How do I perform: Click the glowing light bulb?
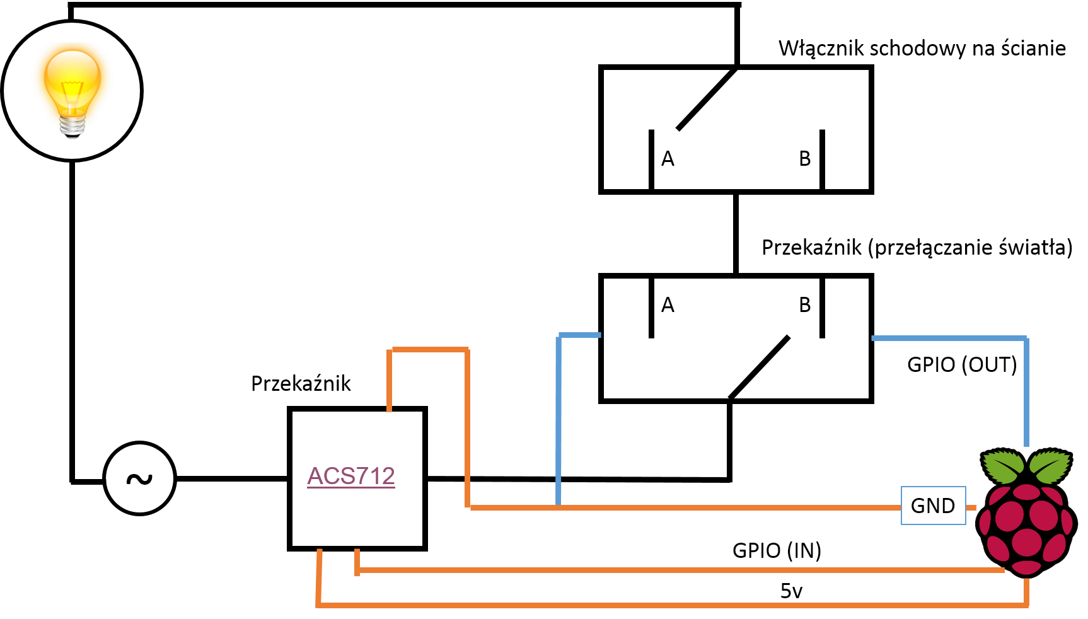pos(72,92)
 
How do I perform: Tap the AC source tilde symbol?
pos(139,479)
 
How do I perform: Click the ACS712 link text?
pos(351,476)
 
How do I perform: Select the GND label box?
pos(934,506)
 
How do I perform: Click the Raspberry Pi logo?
pos(1026,512)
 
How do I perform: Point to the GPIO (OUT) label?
pos(962,364)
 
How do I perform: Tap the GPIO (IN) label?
pos(777,550)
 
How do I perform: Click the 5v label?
pos(791,591)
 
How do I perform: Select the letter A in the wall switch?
pos(668,159)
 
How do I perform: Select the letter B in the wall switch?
pos(804,159)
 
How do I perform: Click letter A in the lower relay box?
pos(668,305)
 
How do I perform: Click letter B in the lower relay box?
pos(804,305)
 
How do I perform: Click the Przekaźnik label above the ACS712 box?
pos(301,383)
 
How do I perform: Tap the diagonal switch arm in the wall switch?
pos(707,98)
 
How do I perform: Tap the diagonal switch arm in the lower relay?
pos(759,367)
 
